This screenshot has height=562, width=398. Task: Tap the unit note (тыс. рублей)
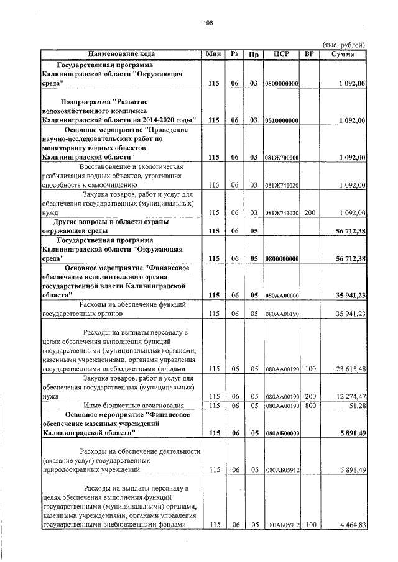tap(343, 45)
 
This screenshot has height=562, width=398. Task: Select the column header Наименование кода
tap(121, 54)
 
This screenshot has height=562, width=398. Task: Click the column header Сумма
tap(343, 54)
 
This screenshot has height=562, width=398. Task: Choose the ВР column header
tap(309, 54)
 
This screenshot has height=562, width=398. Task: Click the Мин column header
tap(214, 54)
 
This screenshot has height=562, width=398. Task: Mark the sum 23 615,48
tap(346, 369)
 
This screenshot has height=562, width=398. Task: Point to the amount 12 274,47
tap(346, 396)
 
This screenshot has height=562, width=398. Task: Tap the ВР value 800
tap(309, 406)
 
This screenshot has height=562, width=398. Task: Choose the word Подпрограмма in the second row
tap(87, 101)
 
